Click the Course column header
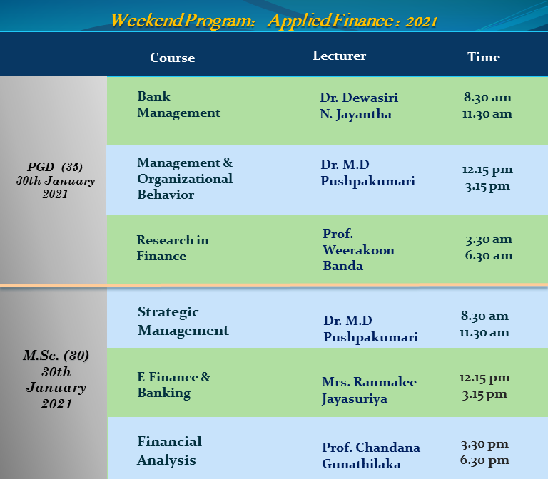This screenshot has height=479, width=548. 172,58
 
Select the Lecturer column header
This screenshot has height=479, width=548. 339,56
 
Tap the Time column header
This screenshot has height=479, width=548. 484,57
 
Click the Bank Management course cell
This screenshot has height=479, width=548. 178,104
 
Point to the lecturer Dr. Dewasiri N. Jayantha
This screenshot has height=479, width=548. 359,105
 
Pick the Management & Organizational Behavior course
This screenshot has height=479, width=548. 185,178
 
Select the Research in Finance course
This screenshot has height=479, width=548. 173,248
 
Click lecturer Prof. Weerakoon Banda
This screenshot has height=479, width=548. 358,249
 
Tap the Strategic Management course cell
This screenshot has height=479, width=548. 183,321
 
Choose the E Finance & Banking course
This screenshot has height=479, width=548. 173,385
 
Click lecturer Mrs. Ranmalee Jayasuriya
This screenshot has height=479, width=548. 369,391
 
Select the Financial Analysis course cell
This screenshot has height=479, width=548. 170,450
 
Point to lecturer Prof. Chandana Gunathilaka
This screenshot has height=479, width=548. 371,455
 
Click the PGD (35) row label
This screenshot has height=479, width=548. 55,167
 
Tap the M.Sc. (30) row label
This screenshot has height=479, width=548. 56,356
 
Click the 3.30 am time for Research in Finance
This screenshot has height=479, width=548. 489,239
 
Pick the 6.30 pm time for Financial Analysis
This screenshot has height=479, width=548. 484,460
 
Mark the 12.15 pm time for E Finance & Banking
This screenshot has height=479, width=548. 484,378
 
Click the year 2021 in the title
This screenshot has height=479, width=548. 422,21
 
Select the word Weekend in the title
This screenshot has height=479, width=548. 147,20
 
